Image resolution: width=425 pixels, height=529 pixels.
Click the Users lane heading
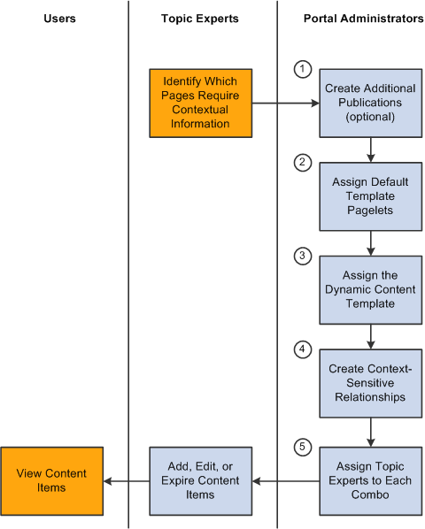(59, 19)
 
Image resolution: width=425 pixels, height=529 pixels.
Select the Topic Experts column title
(200, 19)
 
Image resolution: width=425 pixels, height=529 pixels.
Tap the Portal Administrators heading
(364, 19)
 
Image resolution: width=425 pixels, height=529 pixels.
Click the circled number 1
(303, 69)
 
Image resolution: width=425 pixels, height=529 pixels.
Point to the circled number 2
(303, 162)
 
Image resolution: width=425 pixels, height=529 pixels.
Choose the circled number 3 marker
(303, 256)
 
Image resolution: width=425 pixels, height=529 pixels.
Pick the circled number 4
(303, 349)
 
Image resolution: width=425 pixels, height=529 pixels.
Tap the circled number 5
(303, 447)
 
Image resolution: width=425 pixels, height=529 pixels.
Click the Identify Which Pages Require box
(201, 103)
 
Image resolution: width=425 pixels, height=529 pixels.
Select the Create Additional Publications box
(371, 103)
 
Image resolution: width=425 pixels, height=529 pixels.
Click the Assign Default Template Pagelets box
(371, 196)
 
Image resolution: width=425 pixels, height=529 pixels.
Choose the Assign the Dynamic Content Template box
(371, 290)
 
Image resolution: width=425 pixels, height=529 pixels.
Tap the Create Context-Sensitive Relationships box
(371, 384)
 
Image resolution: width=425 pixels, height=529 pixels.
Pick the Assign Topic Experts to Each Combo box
(371, 481)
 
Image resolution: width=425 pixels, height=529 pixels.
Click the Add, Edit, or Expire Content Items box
(201, 481)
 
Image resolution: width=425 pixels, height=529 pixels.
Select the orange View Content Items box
(51, 481)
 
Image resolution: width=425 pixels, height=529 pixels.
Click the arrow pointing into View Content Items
(127, 481)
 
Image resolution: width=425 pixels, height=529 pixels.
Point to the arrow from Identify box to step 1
(286, 103)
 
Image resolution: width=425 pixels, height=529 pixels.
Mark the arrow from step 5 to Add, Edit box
(286, 481)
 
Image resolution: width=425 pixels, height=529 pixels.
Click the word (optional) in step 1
(370, 117)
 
